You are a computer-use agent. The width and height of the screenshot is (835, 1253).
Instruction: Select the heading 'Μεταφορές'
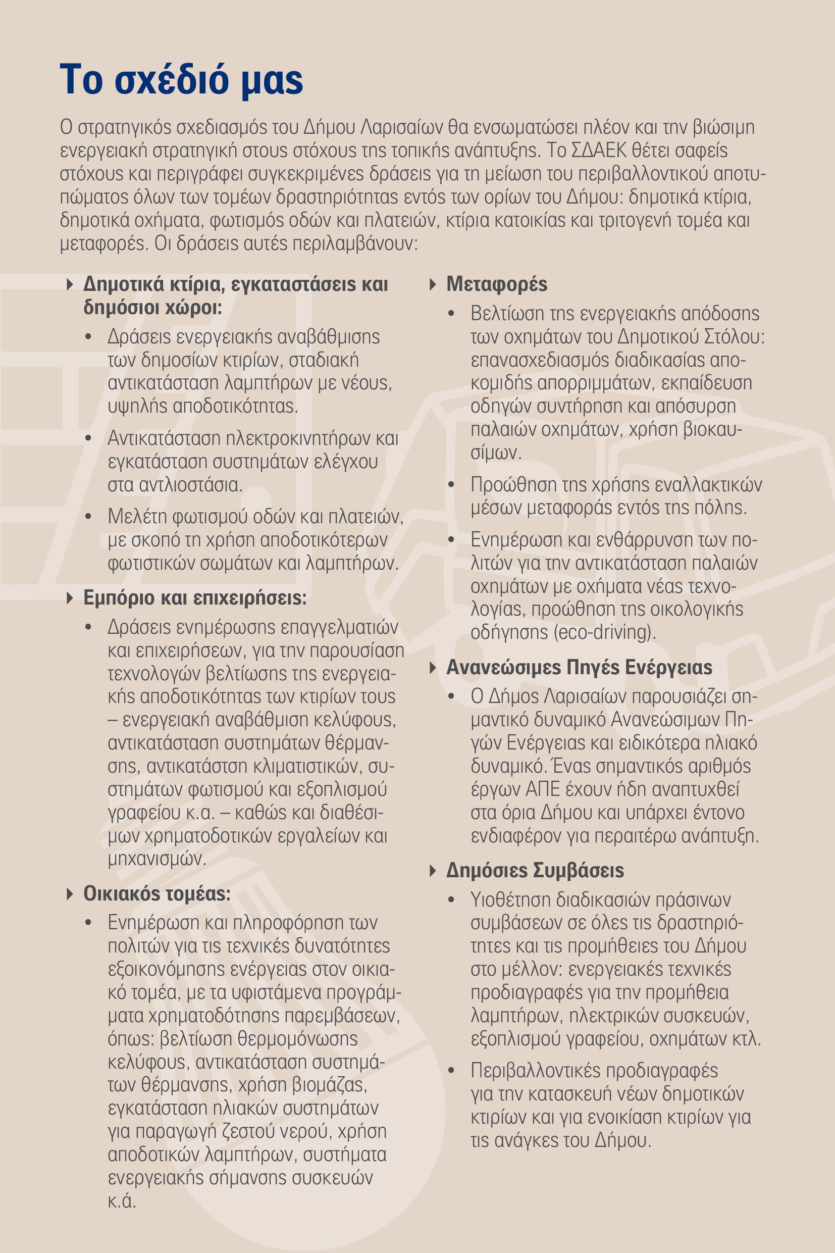pyautogui.click(x=496, y=284)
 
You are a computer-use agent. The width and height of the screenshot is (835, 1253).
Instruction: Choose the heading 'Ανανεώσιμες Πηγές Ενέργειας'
pyautogui.click(x=579, y=667)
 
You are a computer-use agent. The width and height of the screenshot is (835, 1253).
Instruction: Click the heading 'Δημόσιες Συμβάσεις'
pyautogui.click(x=535, y=870)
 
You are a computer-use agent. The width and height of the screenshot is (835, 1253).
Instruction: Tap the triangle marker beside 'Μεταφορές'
pyautogui.click(x=433, y=284)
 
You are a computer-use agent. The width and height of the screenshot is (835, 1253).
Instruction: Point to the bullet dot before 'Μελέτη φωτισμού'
pyautogui.click(x=88, y=517)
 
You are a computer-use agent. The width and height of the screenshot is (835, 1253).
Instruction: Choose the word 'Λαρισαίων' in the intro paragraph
pyautogui.click(x=401, y=128)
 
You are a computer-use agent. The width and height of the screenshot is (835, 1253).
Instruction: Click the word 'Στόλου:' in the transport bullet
pyautogui.click(x=735, y=337)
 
